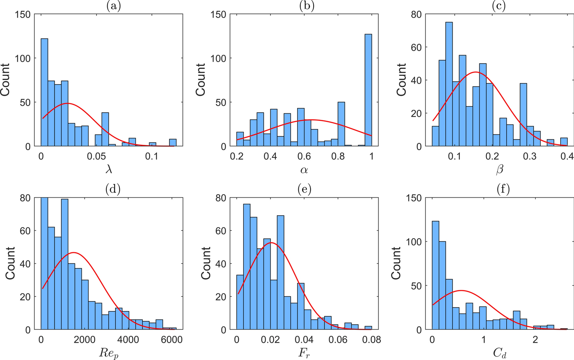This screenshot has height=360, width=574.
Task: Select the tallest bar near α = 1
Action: point(368,90)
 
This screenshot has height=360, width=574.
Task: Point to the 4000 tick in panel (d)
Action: point(128,340)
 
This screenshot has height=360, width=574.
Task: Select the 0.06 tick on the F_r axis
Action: point(338,340)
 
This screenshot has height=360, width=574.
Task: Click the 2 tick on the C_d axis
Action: point(535,340)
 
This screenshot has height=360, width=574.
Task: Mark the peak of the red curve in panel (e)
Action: point(271,242)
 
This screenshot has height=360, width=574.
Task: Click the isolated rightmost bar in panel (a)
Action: point(173,142)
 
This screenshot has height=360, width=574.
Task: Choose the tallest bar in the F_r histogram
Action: point(247,267)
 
